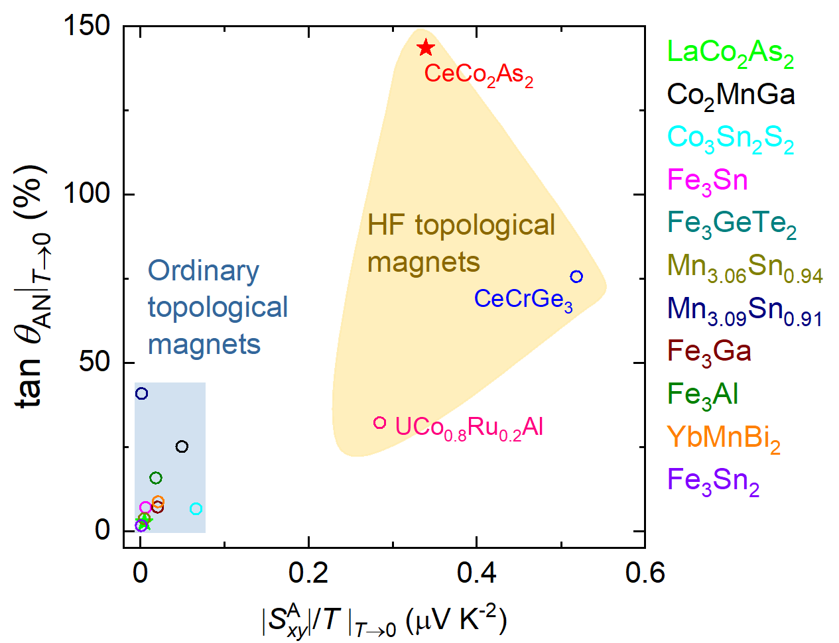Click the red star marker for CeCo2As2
coord(426,48)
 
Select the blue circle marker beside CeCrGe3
coord(576,276)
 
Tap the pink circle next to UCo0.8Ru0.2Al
coord(380,423)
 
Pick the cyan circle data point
coord(196,509)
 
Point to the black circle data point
coord(182,447)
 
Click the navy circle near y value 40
coord(141,394)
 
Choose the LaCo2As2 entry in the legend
coord(730,53)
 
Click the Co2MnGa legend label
coord(730,95)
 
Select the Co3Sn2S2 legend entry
coord(730,139)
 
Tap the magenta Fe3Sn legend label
coord(707,181)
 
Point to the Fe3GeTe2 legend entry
coord(731,224)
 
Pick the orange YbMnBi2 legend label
coord(723,438)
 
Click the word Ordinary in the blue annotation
coord(204,270)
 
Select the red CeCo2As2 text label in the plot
coord(478,74)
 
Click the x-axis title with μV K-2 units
coord(384,622)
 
